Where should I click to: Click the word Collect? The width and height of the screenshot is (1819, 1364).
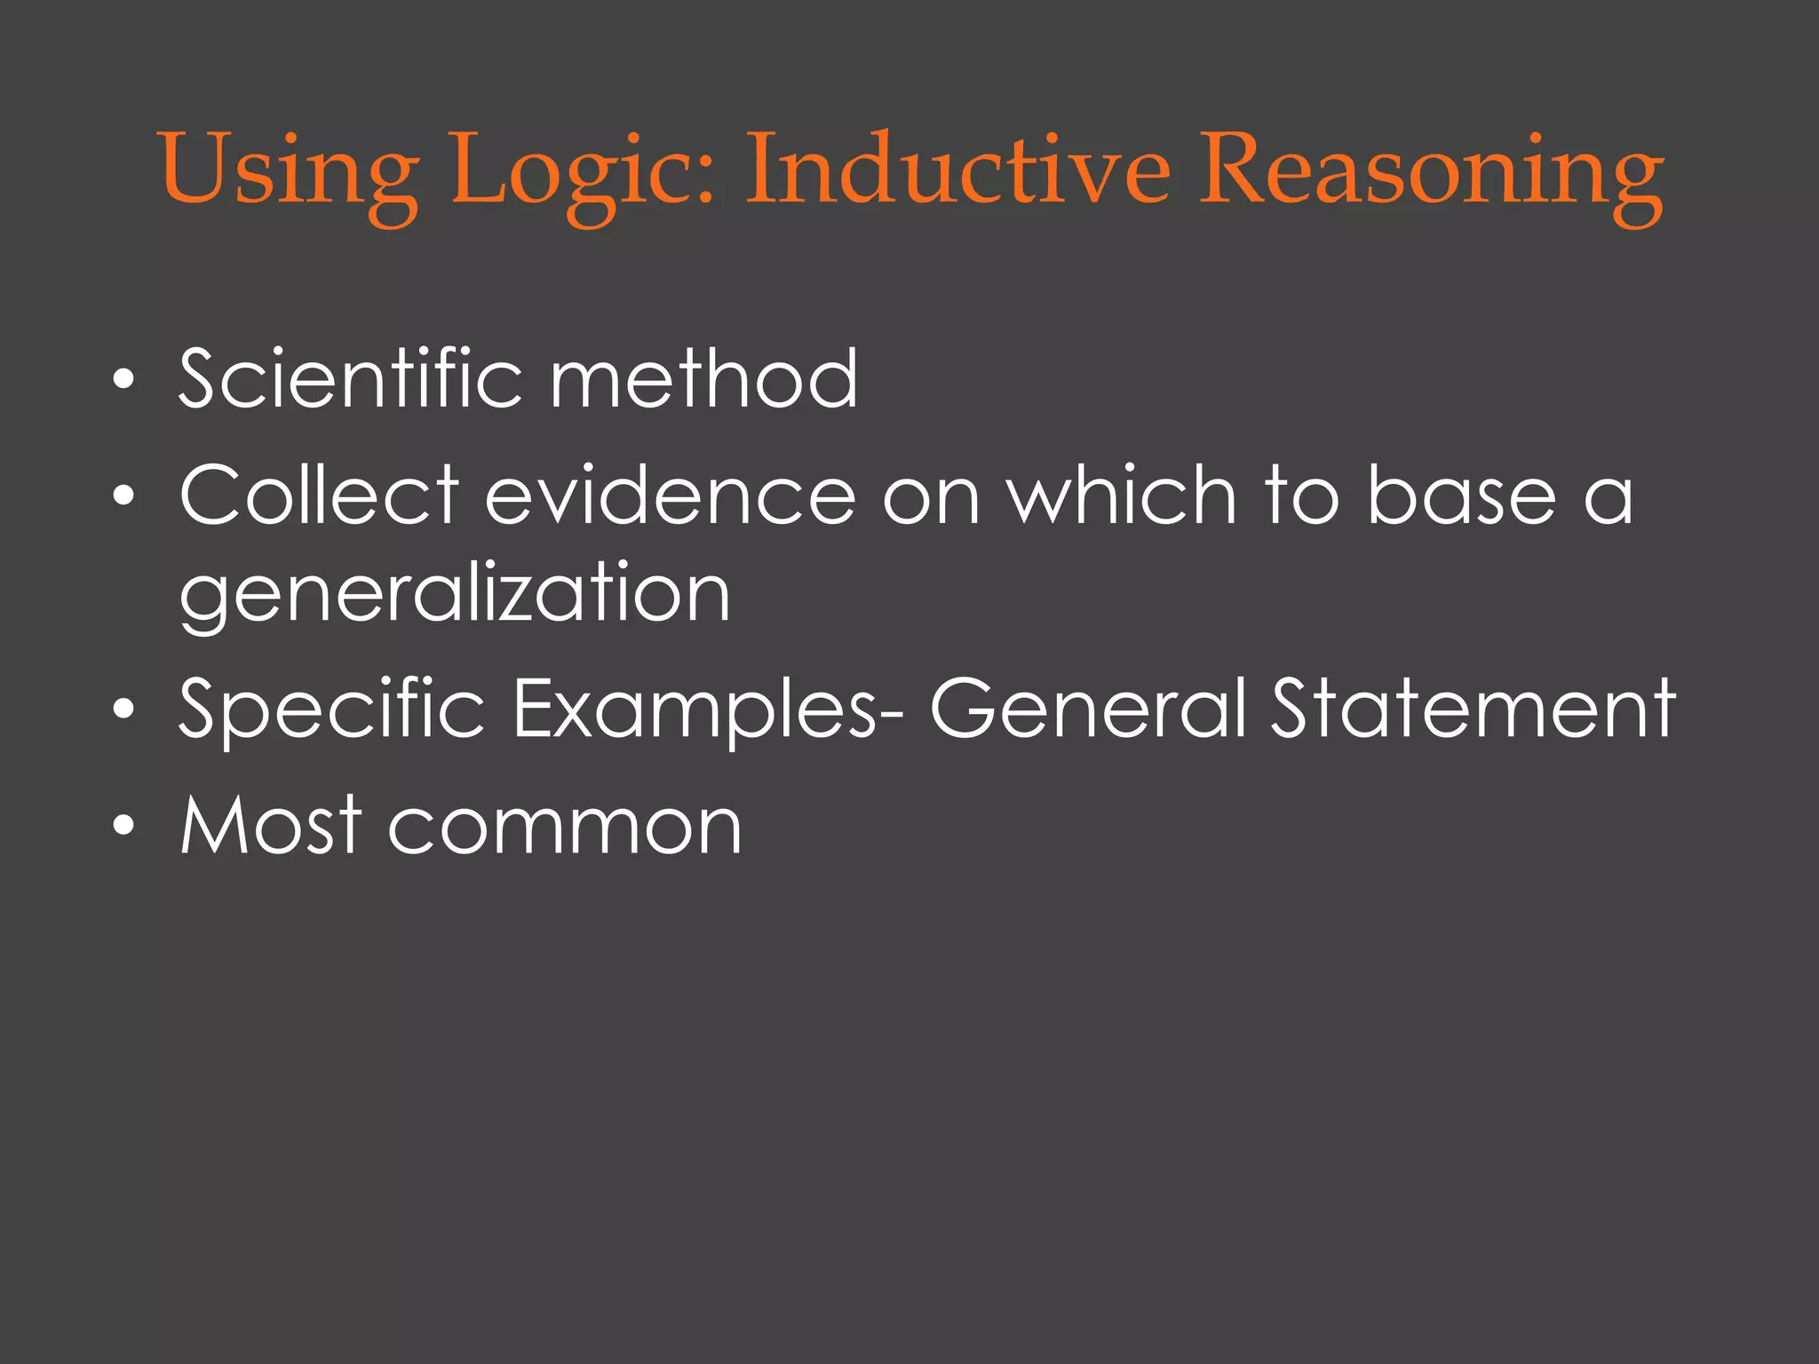coord(319,495)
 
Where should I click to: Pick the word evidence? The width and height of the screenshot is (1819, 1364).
coord(670,495)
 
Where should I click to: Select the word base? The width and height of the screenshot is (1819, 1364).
coord(1460,495)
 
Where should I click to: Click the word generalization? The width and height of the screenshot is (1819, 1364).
coord(455,594)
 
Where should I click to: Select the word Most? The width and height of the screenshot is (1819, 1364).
coord(271,825)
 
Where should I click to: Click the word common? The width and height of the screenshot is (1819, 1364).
coord(565,827)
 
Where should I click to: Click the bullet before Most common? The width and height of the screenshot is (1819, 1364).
coord(123,827)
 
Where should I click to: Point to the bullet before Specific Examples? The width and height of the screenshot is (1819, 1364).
coord(123,710)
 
